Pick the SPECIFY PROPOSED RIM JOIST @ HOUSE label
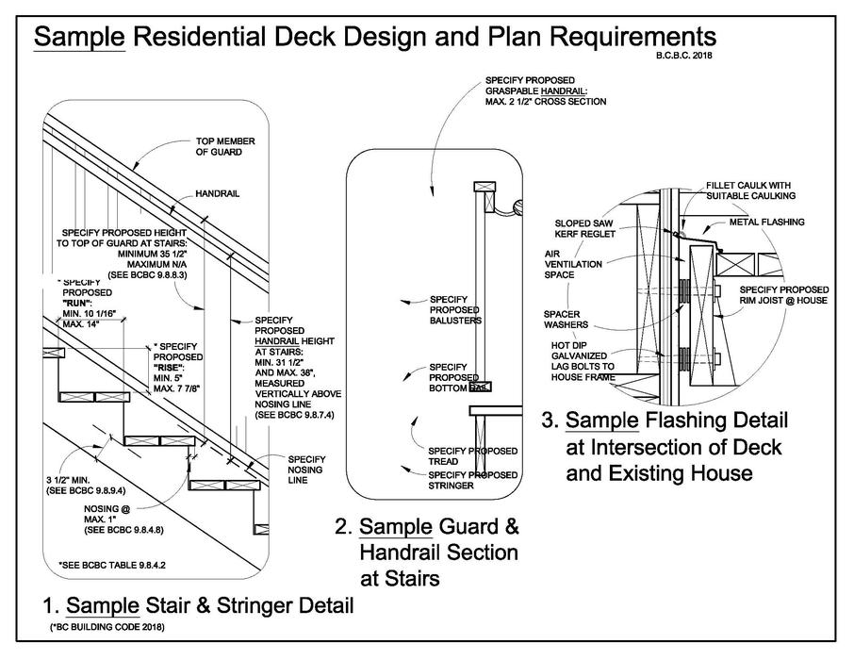(x=783, y=295)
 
